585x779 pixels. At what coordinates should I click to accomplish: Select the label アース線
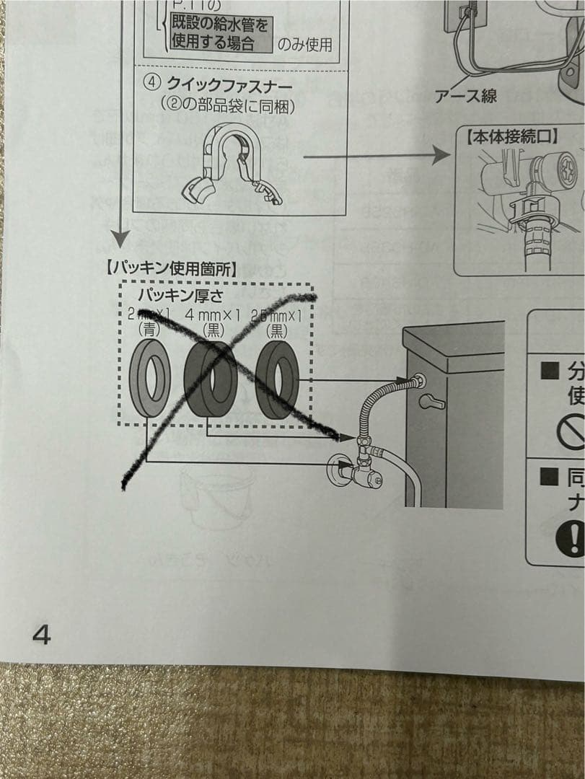(466, 96)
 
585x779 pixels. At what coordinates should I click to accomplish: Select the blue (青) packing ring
(150, 378)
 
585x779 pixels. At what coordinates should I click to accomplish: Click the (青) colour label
(149, 330)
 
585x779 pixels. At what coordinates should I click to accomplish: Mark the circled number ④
(151, 82)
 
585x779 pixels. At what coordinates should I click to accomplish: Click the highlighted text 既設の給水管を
(219, 26)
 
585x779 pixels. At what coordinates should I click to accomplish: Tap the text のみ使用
(305, 45)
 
